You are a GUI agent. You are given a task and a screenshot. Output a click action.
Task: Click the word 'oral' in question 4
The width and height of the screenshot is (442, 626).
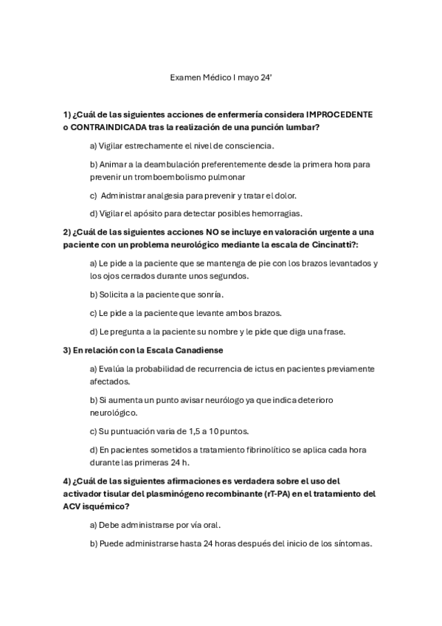click(x=210, y=525)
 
